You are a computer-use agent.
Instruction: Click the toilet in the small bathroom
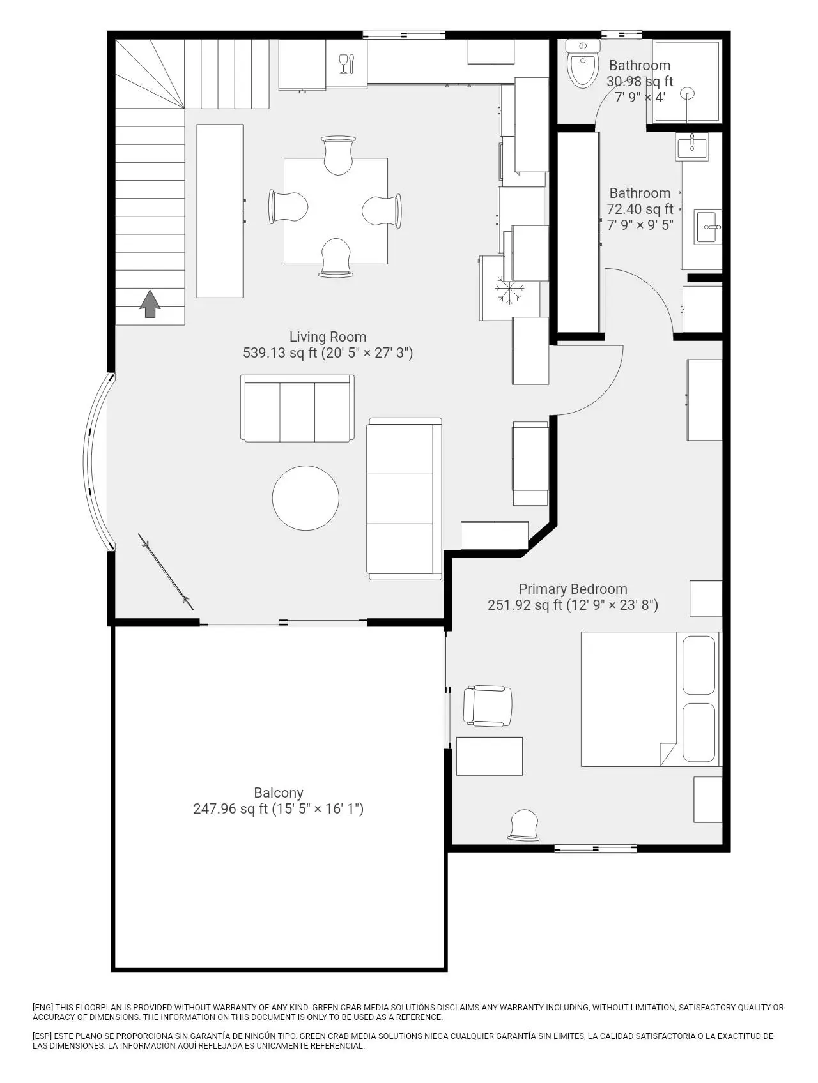click(x=583, y=63)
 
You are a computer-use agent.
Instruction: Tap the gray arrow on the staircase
click(x=150, y=304)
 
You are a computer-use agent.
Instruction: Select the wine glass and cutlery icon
click(x=346, y=64)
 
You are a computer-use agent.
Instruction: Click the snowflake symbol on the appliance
click(x=510, y=291)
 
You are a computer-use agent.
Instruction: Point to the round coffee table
click(x=305, y=498)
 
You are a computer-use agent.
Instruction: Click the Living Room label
click(x=328, y=337)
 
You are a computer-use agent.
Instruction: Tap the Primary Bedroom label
click(x=573, y=589)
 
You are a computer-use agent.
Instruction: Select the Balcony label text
click(x=279, y=793)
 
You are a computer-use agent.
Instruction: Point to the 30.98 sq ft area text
click(x=640, y=82)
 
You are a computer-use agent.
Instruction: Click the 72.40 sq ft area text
click(x=640, y=209)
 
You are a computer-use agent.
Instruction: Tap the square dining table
click(x=336, y=211)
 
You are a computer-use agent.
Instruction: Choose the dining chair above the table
click(x=338, y=155)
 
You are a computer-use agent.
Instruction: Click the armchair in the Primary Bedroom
click(x=488, y=706)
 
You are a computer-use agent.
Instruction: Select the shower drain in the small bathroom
click(x=688, y=93)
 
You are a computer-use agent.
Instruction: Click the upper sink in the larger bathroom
click(x=692, y=146)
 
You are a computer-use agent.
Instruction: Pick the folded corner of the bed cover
click(x=668, y=754)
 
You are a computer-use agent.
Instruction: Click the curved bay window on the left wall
click(x=95, y=461)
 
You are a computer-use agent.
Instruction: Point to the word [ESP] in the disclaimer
click(x=43, y=1036)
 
